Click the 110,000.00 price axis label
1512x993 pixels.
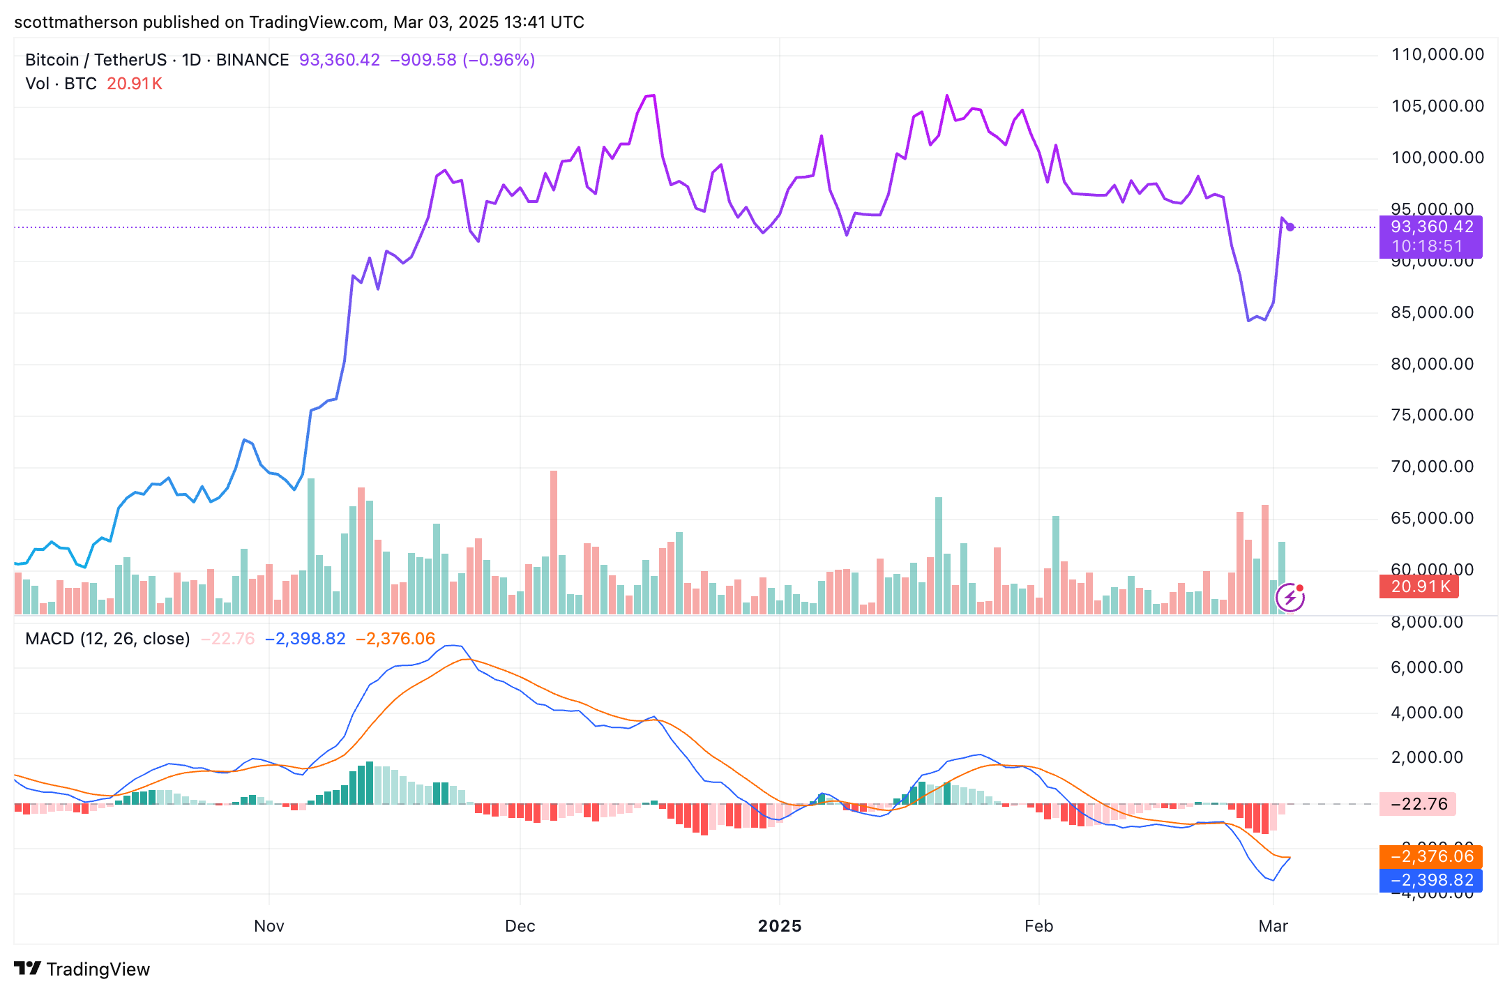[1437, 54]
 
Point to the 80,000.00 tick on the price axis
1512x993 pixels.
[1432, 364]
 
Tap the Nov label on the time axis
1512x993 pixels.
[269, 926]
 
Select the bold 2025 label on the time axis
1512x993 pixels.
[780, 926]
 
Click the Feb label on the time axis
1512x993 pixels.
[1038, 926]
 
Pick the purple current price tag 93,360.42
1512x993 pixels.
[1430, 227]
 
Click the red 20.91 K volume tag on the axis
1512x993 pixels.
[1419, 586]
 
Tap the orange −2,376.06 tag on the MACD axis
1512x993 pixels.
[1430, 856]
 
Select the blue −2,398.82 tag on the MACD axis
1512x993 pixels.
[1430, 880]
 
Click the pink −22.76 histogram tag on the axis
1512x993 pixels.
[1418, 804]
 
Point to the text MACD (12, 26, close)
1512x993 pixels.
[107, 639]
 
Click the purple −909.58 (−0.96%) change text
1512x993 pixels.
[462, 60]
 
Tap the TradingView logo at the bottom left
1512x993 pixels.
[82, 969]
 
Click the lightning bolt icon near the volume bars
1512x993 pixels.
[1290, 598]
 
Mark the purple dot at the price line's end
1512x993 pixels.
[1290, 227]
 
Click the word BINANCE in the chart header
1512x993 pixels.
[252, 60]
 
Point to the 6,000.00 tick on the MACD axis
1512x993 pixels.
[1426, 667]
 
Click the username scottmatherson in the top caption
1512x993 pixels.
[76, 22]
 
